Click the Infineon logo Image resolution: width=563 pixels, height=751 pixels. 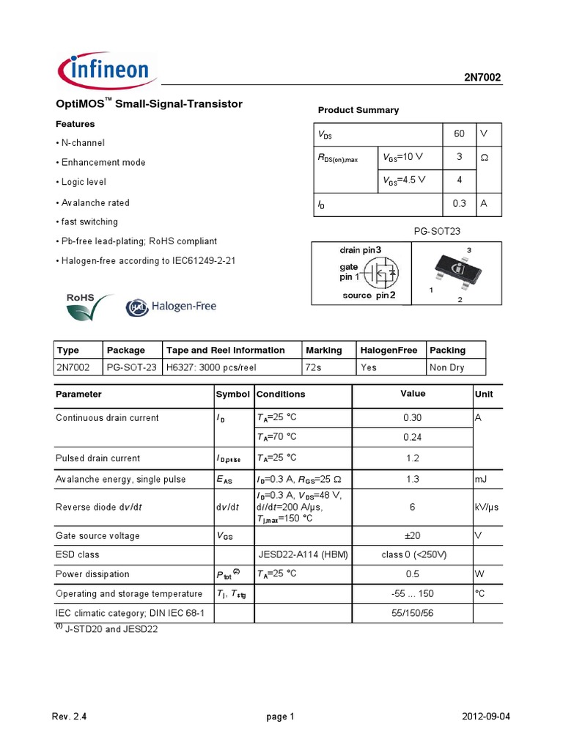104,71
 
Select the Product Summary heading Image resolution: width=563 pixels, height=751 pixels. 358,110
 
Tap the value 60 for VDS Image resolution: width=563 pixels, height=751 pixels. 459,134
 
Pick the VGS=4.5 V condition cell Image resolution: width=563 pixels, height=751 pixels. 403,180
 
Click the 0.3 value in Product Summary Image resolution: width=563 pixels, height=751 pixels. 459,204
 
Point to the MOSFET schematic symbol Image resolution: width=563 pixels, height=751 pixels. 382,273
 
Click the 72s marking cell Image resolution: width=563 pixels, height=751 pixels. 314,367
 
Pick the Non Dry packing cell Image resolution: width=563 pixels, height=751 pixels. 447,367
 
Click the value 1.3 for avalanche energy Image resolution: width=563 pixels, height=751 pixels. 412,479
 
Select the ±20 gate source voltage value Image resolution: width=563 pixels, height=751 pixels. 412,535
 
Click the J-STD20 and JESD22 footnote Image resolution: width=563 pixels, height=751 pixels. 110,629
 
